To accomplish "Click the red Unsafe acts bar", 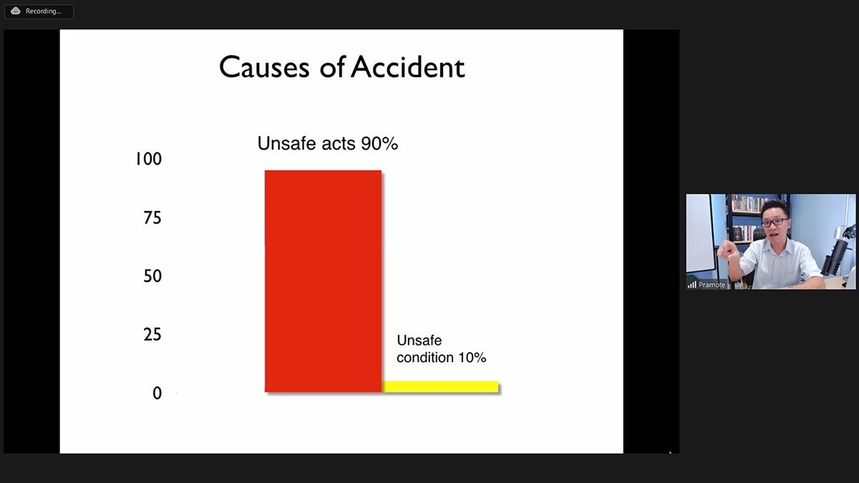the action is click(x=323, y=281).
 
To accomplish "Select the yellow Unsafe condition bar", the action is click(x=440, y=387).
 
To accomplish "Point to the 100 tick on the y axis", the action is click(x=148, y=159).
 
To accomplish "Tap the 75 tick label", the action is click(x=152, y=218).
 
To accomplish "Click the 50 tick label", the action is click(x=152, y=276).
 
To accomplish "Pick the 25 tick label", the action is click(x=152, y=335).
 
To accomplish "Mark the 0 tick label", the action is click(x=157, y=394).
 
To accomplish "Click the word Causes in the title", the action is click(x=264, y=67).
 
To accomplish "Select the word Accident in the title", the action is click(x=407, y=67).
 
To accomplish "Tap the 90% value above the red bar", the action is click(x=379, y=143).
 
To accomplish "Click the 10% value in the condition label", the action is click(x=472, y=357).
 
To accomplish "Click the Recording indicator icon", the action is click(x=15, y=11).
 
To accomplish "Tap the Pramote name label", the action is click(x=712, y=285).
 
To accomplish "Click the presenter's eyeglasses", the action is click(x=775, y=222).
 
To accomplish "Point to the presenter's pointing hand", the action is click(x=727, y=253).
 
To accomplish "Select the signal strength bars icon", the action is click(x=691, y=285).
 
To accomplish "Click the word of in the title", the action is click(x=332, y=67).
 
